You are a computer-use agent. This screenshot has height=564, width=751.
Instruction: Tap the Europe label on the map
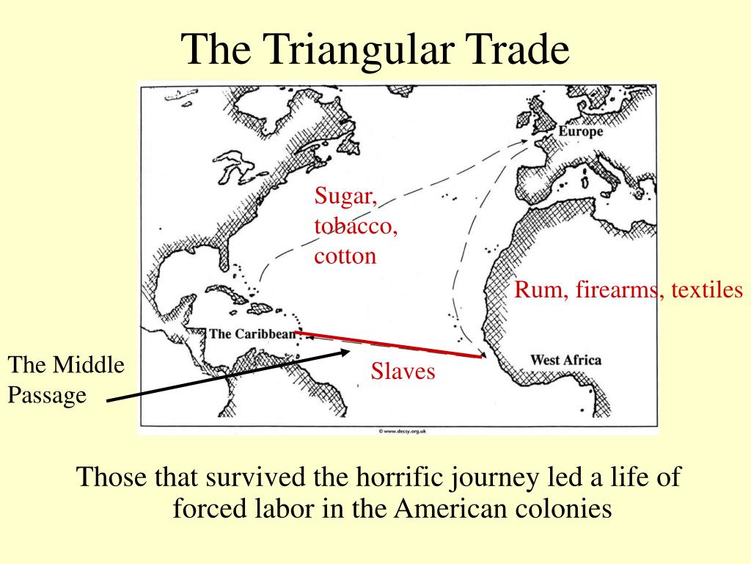tap(580, 131)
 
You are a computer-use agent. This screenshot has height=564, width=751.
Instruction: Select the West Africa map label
tap(565, 360)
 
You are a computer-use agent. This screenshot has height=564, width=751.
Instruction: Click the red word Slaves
tap(403, 372)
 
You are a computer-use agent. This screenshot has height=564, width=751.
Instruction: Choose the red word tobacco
tap(356, 226)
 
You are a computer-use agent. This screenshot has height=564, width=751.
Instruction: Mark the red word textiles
tap(705, 290)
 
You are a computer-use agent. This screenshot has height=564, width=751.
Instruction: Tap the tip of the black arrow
tap(349, 352)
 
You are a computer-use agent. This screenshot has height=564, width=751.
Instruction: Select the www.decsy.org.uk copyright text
tap(403, 431)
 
